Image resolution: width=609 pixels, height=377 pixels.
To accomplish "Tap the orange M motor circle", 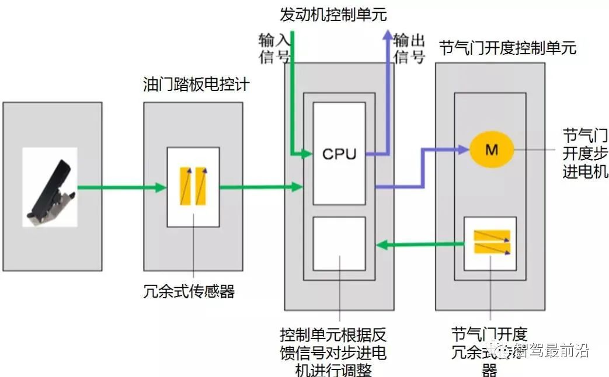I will pos(492,150).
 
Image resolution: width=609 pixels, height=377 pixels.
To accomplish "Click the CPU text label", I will pos(339,154).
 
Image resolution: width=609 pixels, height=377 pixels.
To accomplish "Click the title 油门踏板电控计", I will pos(196,85).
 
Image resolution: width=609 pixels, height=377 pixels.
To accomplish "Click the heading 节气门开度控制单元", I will pos(507,48).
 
